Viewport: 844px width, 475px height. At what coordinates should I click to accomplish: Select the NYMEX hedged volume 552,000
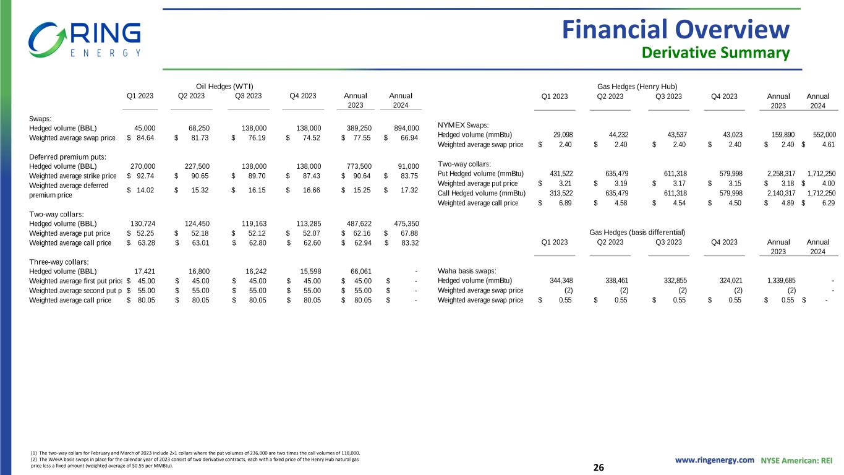click(x=823, y=135)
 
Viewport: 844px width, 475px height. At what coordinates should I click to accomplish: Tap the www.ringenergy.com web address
click(x=714, y=460)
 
